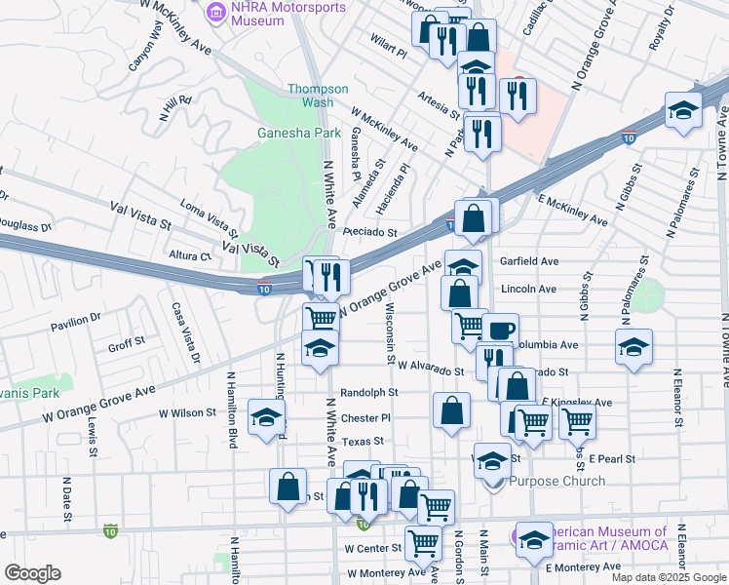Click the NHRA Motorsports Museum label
tap(276, 14)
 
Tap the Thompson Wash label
tap(317, 95)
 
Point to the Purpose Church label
tap(557, 481)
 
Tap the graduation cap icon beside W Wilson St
tap(264, 417)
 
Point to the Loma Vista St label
tap(210, 218)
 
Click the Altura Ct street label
tap(190, 255)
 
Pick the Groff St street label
tap(126, 343)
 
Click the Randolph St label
tap(369, 393)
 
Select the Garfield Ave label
tap(528, 261)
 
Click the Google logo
tap(32, 573)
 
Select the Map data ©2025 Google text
tap(669, 577)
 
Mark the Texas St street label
tap(363, 442)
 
